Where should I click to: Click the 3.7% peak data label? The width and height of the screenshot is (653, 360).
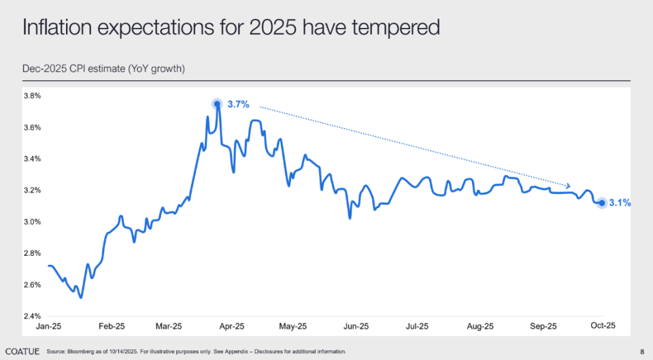coord(239,105)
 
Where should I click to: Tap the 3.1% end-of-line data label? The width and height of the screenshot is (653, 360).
coord(620,203)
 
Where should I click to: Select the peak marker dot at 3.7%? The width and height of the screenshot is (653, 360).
coord(217,104)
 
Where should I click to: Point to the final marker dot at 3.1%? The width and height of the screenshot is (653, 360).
coord(602,203)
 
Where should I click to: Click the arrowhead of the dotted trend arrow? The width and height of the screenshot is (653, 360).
coord(568,186)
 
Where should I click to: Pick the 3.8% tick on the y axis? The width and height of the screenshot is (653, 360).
coord(33,96)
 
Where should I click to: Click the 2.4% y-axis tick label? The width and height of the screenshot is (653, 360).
coord(33,316)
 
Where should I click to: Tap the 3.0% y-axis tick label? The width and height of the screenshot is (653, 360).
coord(33,222)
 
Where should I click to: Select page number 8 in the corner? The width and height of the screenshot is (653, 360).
coord(642,351)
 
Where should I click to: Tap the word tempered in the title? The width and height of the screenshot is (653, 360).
coord(398,29)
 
